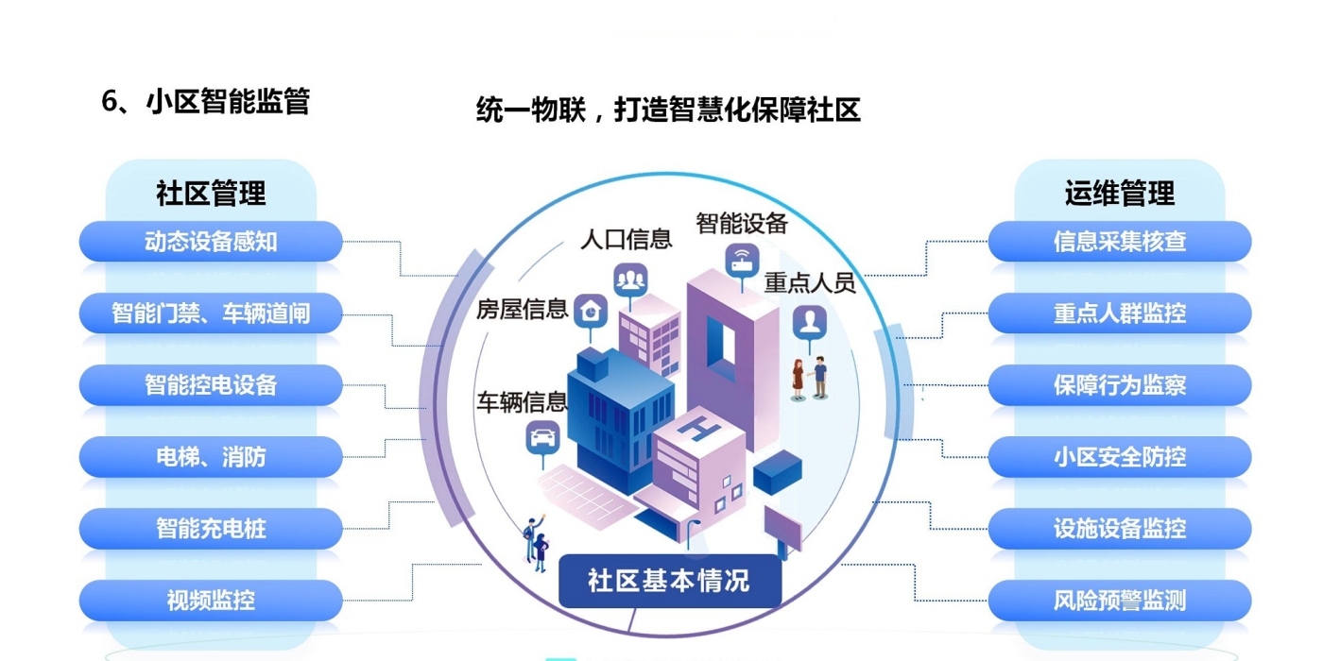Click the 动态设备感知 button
tap(210, 242)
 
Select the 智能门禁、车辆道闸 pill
tap(210, 314)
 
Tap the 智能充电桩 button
tap(210, 529)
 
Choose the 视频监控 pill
tap(210, 601)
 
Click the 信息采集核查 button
tap(1120, 242)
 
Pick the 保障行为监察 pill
tap(1120, 385)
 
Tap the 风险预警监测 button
tap(1120, 601)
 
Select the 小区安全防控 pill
tap(1120, 457)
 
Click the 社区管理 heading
tap(210, 194)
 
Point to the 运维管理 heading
tap(1120, 194)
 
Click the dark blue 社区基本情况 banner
tap(669, 581)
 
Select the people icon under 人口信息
tap(630, 279)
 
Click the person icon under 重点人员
tap(809, 321)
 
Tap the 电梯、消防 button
tap(210, 457)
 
